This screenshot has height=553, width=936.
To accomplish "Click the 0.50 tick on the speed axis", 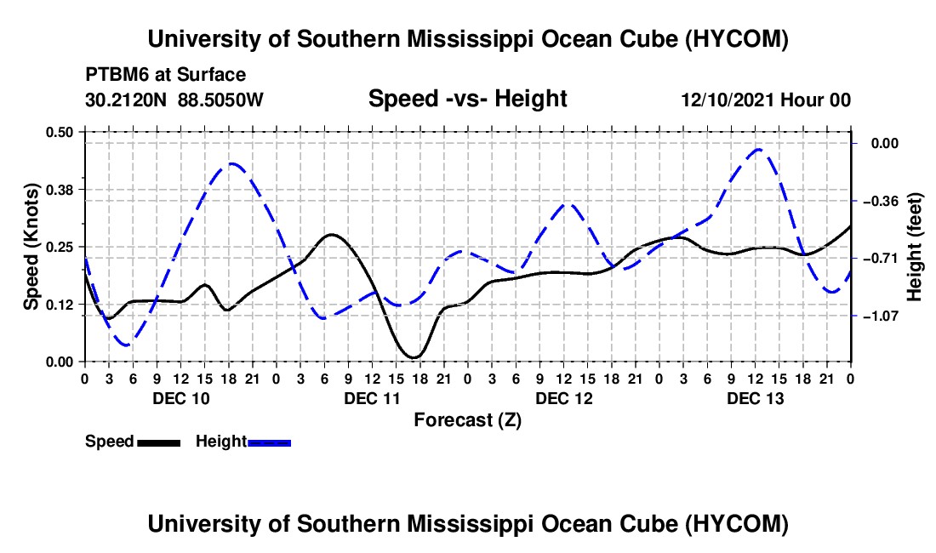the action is click(x=59, y=132).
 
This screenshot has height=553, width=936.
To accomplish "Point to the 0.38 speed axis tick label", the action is click(x=59, y=190).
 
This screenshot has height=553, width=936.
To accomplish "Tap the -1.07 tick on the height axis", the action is click(x=881, y=316).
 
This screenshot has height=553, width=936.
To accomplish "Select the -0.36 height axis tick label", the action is click(x=881, y=201).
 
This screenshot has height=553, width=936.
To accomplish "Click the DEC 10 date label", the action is click(x=181, y=398).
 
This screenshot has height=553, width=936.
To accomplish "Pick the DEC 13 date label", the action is click(x=755, y=398).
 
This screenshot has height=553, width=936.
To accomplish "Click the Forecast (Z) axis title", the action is click(x=467, y=420).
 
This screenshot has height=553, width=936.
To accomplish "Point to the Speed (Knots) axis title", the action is click(x=31, y=247).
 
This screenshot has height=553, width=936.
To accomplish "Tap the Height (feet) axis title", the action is click(x=914, y=247).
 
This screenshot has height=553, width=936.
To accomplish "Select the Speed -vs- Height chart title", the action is click(x=467, y=99).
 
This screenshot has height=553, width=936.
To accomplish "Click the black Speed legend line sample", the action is click(x=159, y=442).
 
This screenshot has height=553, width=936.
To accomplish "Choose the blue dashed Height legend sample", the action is click(x=269, y=442).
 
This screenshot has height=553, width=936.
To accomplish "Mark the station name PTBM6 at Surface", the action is click(x=165, y=75).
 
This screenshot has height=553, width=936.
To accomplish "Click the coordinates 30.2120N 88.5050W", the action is click(x=174, y=100).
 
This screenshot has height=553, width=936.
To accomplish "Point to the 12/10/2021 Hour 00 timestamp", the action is click(x=766, y=100).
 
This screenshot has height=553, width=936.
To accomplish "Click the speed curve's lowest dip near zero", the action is click(x=414, y=357).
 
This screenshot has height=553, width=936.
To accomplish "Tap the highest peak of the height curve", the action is click(x=758, y=149).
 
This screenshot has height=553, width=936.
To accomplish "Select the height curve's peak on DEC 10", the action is click(x=231, y=163).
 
